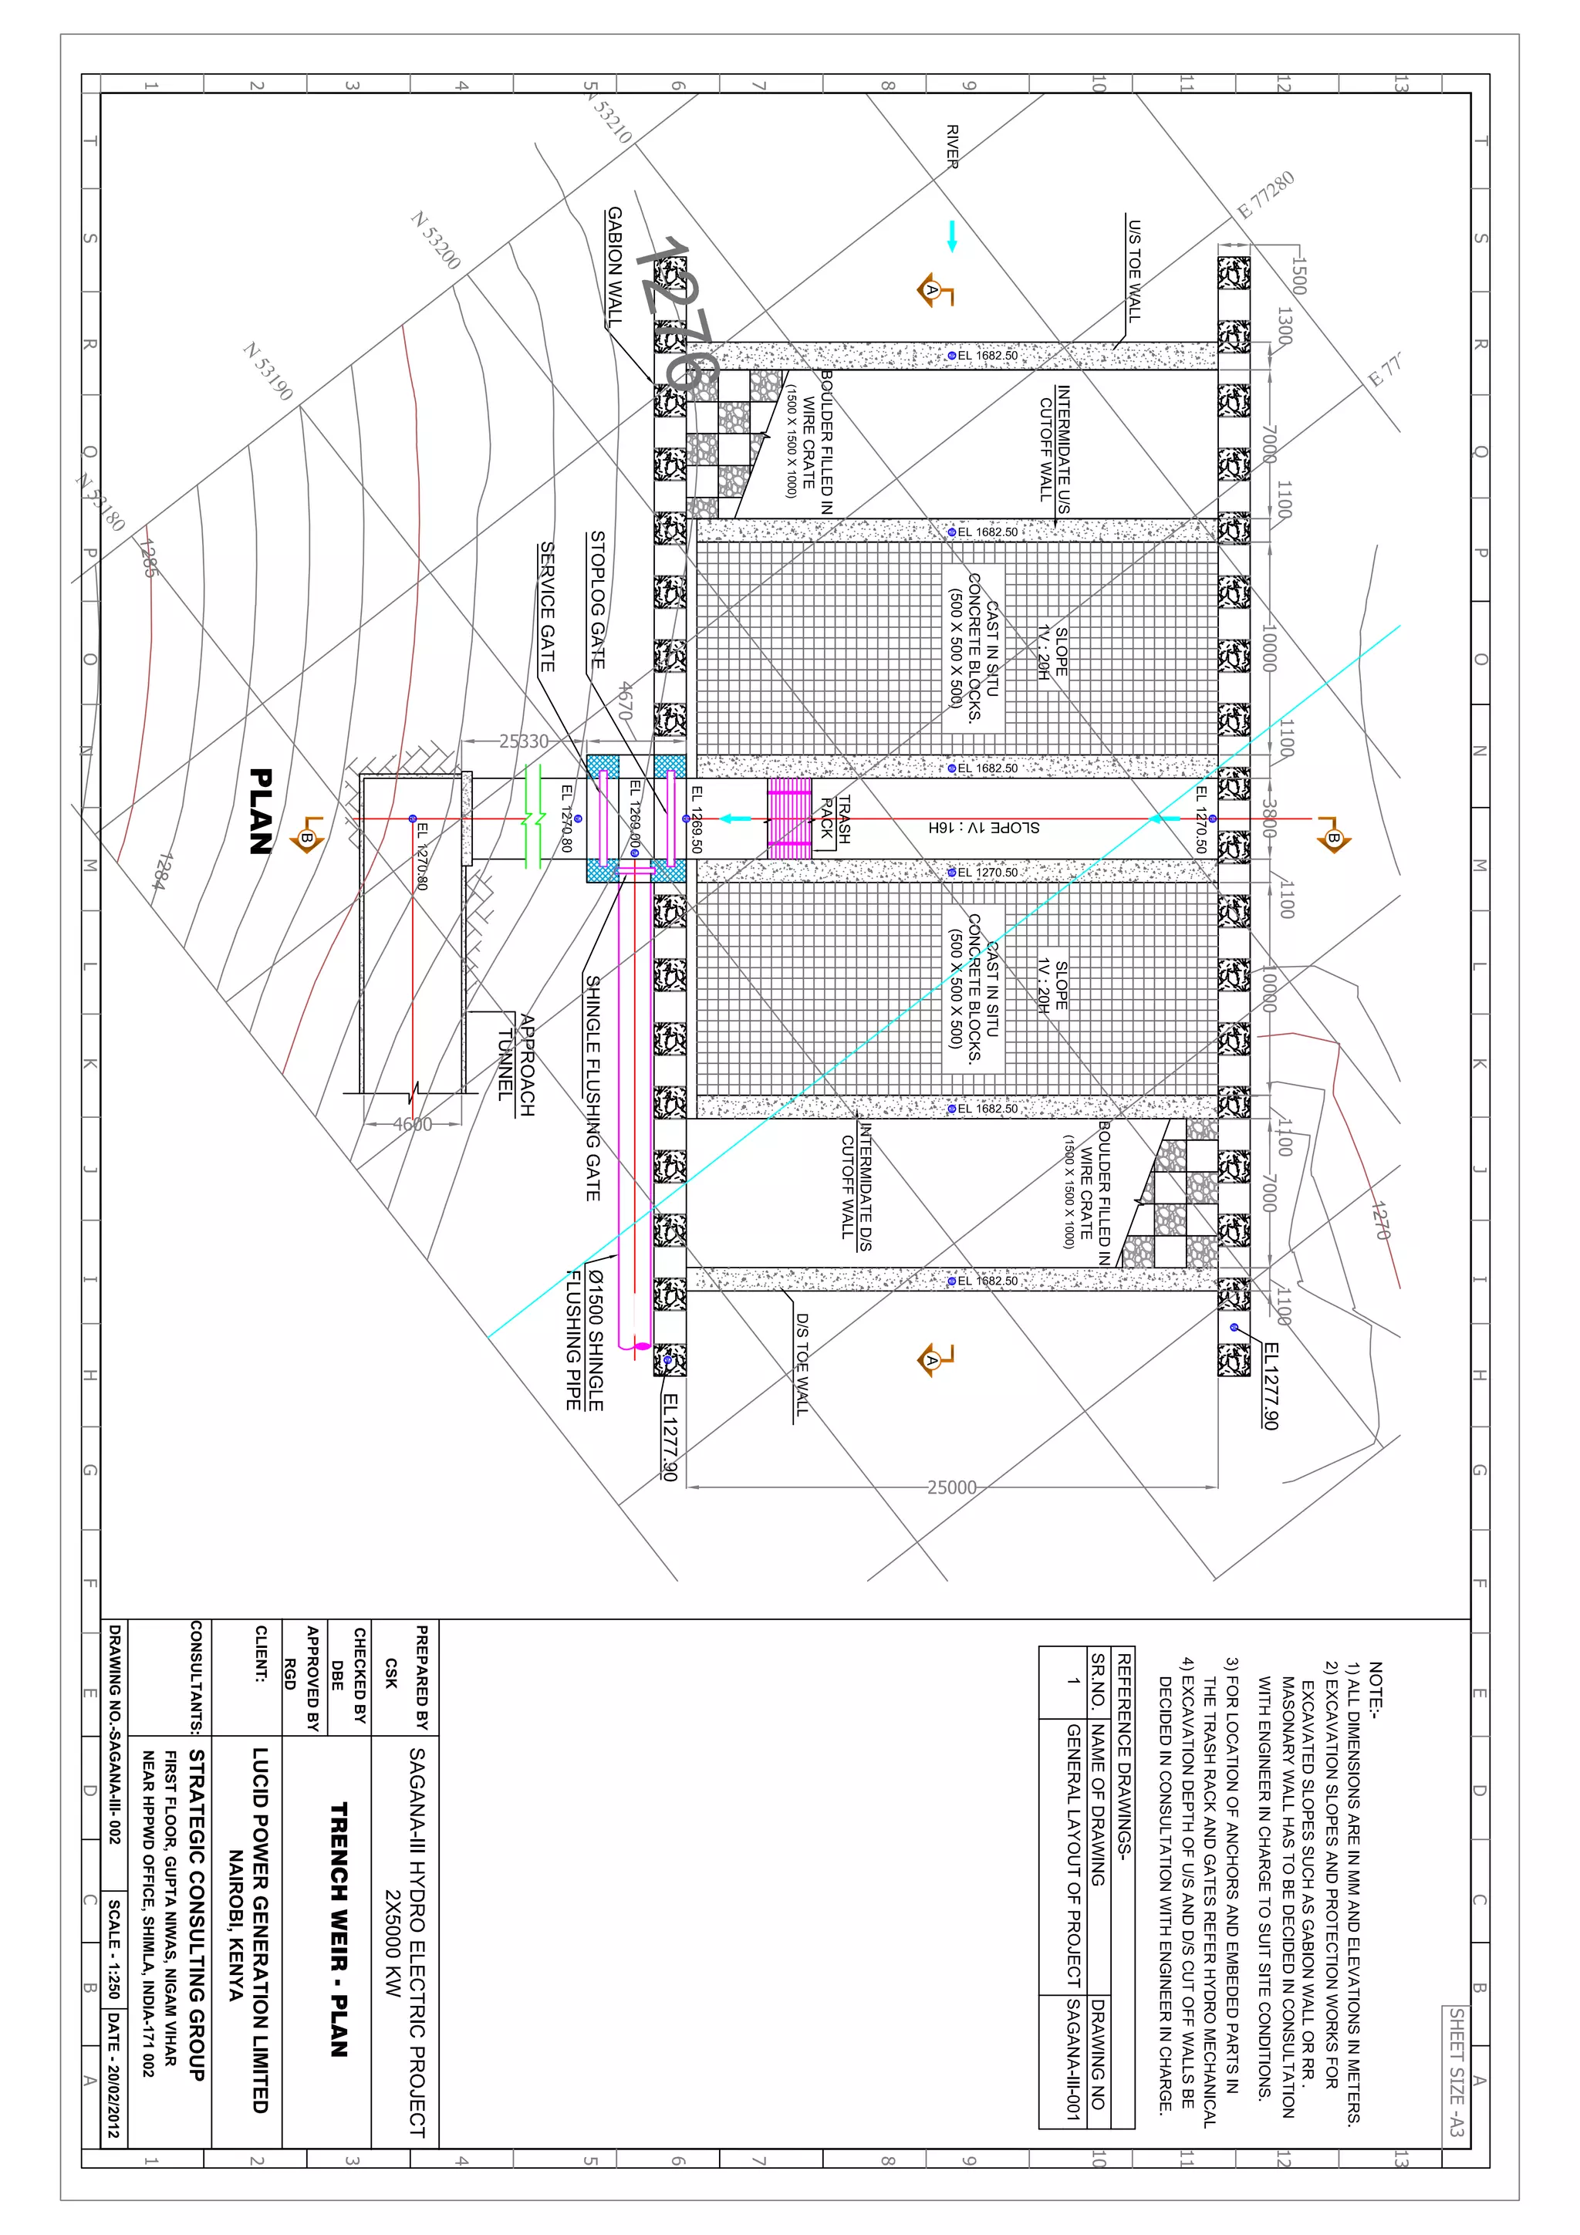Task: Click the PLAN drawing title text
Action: [260, 811]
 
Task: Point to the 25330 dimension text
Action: [524, 741]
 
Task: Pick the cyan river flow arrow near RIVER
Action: [951, 237]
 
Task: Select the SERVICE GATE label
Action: [547, 606]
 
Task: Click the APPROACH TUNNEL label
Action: [516, 1064]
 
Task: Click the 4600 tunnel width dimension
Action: [412, 1124]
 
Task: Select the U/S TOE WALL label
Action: [1134, 270]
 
